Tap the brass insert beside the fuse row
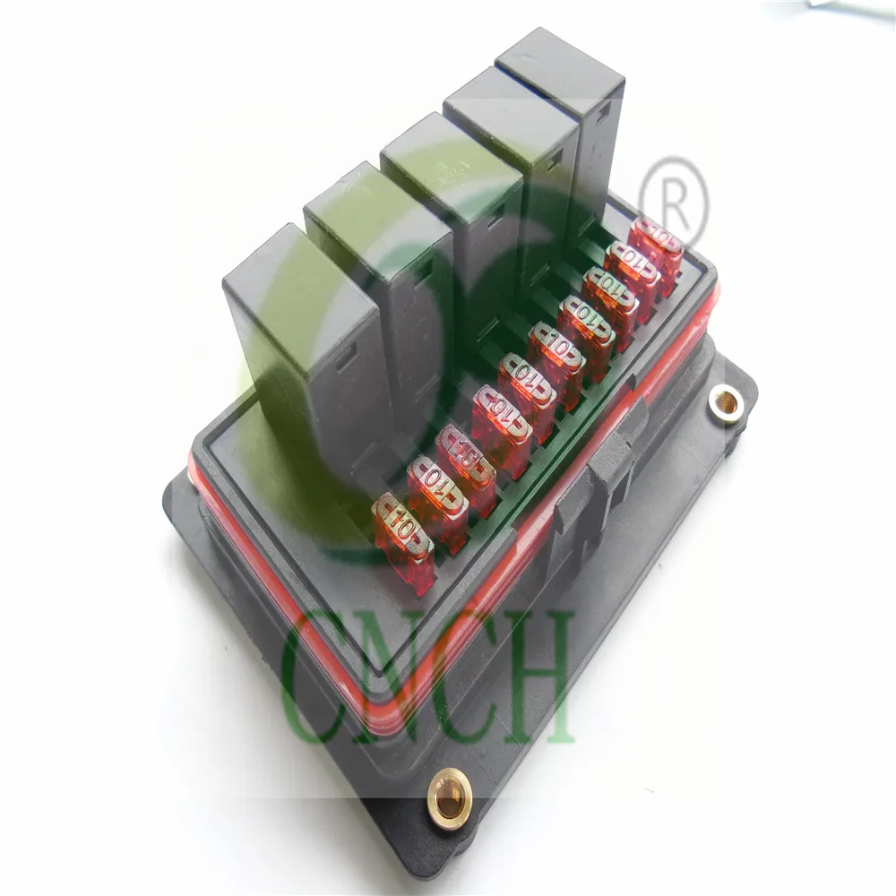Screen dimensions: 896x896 tap(728, 404)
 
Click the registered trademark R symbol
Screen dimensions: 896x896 tap(674, 202)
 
